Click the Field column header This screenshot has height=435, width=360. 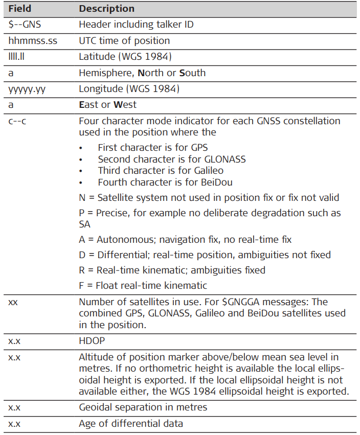tap(19, 9)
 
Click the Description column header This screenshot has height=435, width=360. tap(106, 9)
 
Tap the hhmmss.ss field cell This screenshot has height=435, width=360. tap(32, 40)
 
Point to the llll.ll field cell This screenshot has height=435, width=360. tap(19, 57)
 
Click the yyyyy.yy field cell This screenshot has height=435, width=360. tap(29, 89)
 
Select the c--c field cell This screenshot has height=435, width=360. tap(17, 121)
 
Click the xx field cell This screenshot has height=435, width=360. tap(13, 302)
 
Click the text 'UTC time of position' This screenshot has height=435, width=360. tap(124, 40)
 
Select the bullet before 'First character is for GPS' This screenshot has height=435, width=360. tap(81, 148)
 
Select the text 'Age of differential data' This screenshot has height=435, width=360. tap(130, 424)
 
